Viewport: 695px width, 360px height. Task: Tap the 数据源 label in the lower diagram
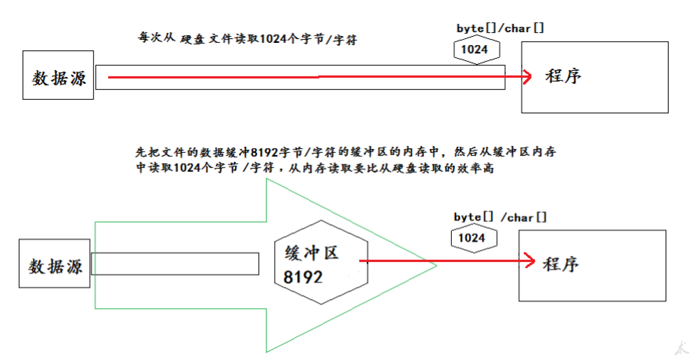click(55, 267)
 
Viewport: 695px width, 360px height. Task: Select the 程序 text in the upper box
click(563, 76)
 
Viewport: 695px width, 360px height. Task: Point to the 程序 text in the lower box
click(560, 265)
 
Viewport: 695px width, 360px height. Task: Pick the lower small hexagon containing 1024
click(472, 238)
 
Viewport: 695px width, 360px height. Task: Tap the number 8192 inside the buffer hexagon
click(303, 277)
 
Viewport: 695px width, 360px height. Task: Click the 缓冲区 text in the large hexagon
click(312, 253)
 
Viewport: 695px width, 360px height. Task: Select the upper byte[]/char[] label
click(500, 29)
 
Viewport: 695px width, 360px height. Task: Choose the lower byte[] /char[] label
click(500, 218)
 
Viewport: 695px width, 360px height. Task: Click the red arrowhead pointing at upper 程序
click(528, 77)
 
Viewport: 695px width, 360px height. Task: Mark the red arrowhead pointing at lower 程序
click(530, 261)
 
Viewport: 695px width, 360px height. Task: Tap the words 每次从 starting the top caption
click(157, 38)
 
